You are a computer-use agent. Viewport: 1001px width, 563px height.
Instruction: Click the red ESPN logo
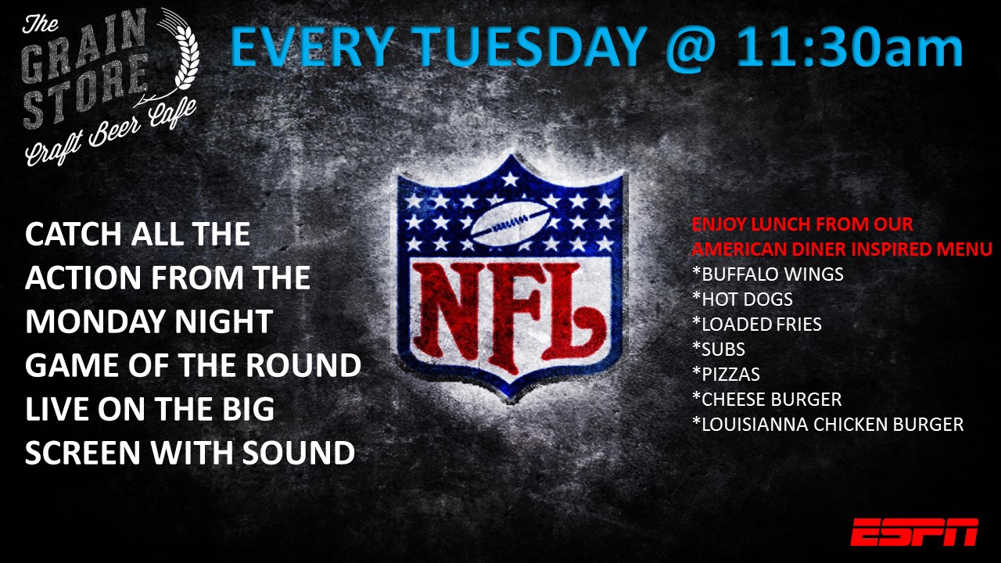pos(914,533)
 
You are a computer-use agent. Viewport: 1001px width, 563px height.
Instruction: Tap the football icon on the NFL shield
pos(511,222)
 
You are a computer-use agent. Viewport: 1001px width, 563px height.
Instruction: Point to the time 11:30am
pos(849,47)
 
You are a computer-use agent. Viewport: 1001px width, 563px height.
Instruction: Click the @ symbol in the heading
pos(691,49)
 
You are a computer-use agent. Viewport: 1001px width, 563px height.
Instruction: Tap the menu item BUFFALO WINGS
pos(768,274)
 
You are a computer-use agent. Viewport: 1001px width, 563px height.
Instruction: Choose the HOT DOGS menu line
pos(742,299)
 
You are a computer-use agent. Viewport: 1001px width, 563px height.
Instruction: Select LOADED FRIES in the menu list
pos(756,324)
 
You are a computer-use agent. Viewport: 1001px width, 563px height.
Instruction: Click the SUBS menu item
pos(718,349)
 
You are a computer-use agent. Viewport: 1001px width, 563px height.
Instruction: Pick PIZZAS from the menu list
pos(726,374)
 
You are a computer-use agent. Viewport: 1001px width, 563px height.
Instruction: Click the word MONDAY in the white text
pos(95,321)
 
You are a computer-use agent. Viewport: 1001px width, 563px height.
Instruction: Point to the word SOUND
pos(299,453)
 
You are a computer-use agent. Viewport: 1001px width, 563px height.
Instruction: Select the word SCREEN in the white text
pos(83,453)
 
